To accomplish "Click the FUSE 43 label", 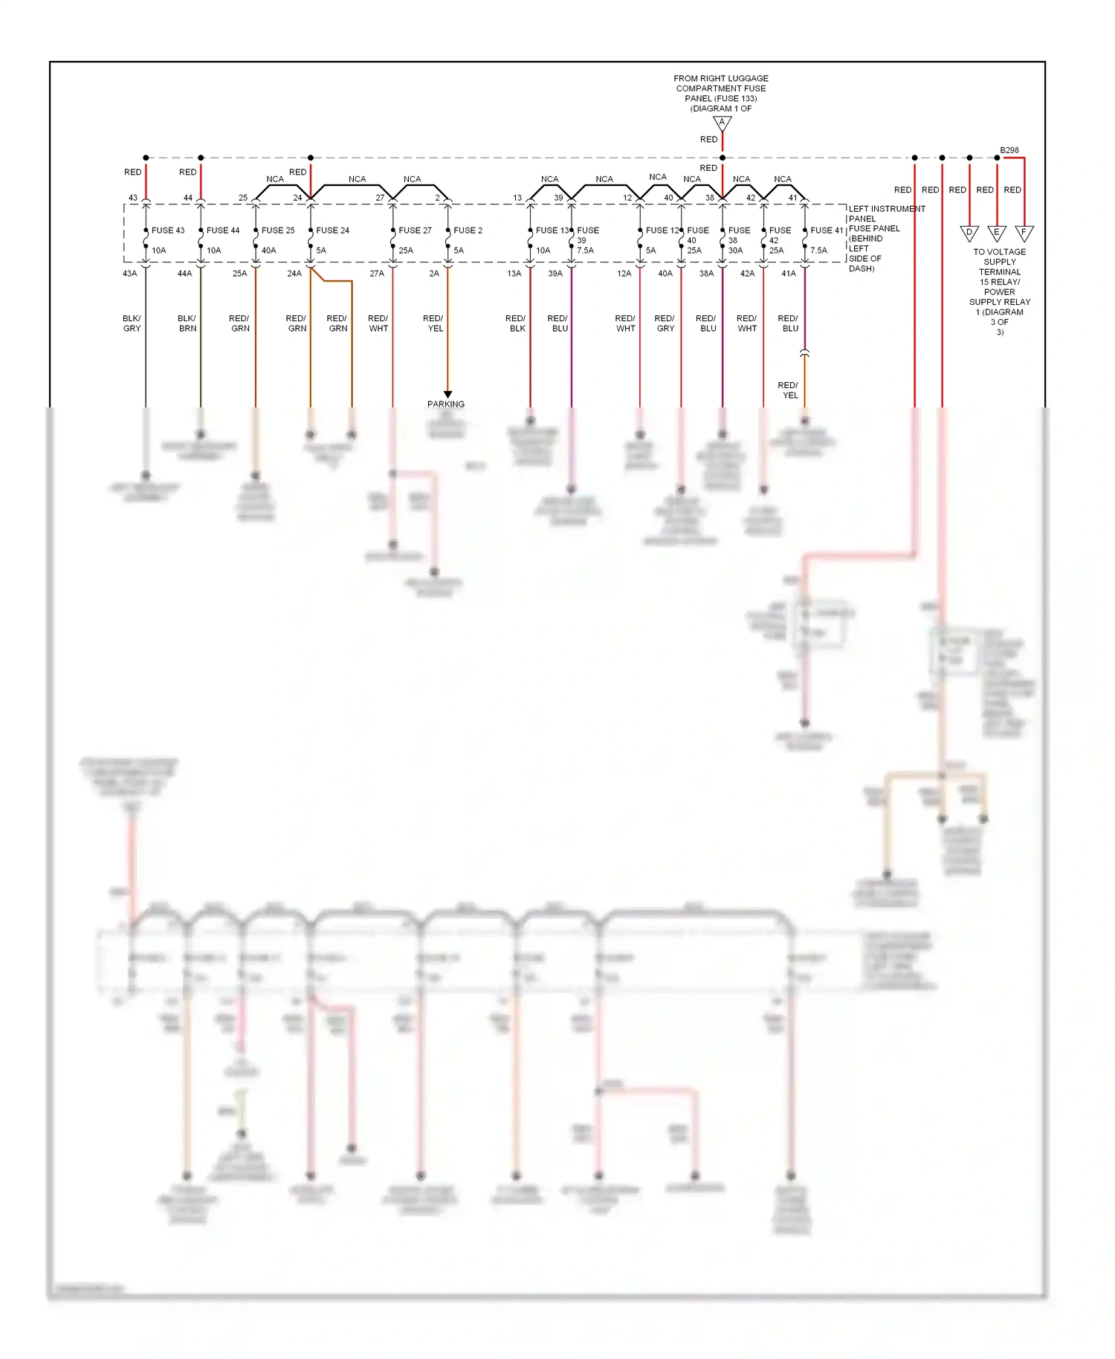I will click(x=168, y=230).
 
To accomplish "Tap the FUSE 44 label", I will click(x=223, y=230).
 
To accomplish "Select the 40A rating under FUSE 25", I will click(x=268, y=251).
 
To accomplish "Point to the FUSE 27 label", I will click(x=415, y=230).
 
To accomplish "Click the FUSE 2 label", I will click(x=468, y=230).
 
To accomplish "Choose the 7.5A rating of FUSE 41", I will click(x=818, y=251).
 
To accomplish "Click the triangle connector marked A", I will click(x=722, y=123).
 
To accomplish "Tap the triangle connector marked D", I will click(x=969, y=233).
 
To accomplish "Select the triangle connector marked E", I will click(x=997, y=233).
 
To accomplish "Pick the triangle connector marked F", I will click(x=1024, y=233).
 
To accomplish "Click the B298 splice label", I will click(x=1009, y=150).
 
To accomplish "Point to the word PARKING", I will click(x=446, y=404).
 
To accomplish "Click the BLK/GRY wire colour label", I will click(x=132, y=323).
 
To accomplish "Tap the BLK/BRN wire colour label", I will click(x=187, y=323).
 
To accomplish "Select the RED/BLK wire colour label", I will click(x=516, y=323).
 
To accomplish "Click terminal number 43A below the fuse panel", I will click(x=129, y=274).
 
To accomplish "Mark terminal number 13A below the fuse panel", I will click(x=514, y=274).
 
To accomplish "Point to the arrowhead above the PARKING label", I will click(x=447, y=394).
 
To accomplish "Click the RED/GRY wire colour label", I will click(x=665, y=323).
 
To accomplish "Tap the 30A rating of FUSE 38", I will click(x=735, y=251).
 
